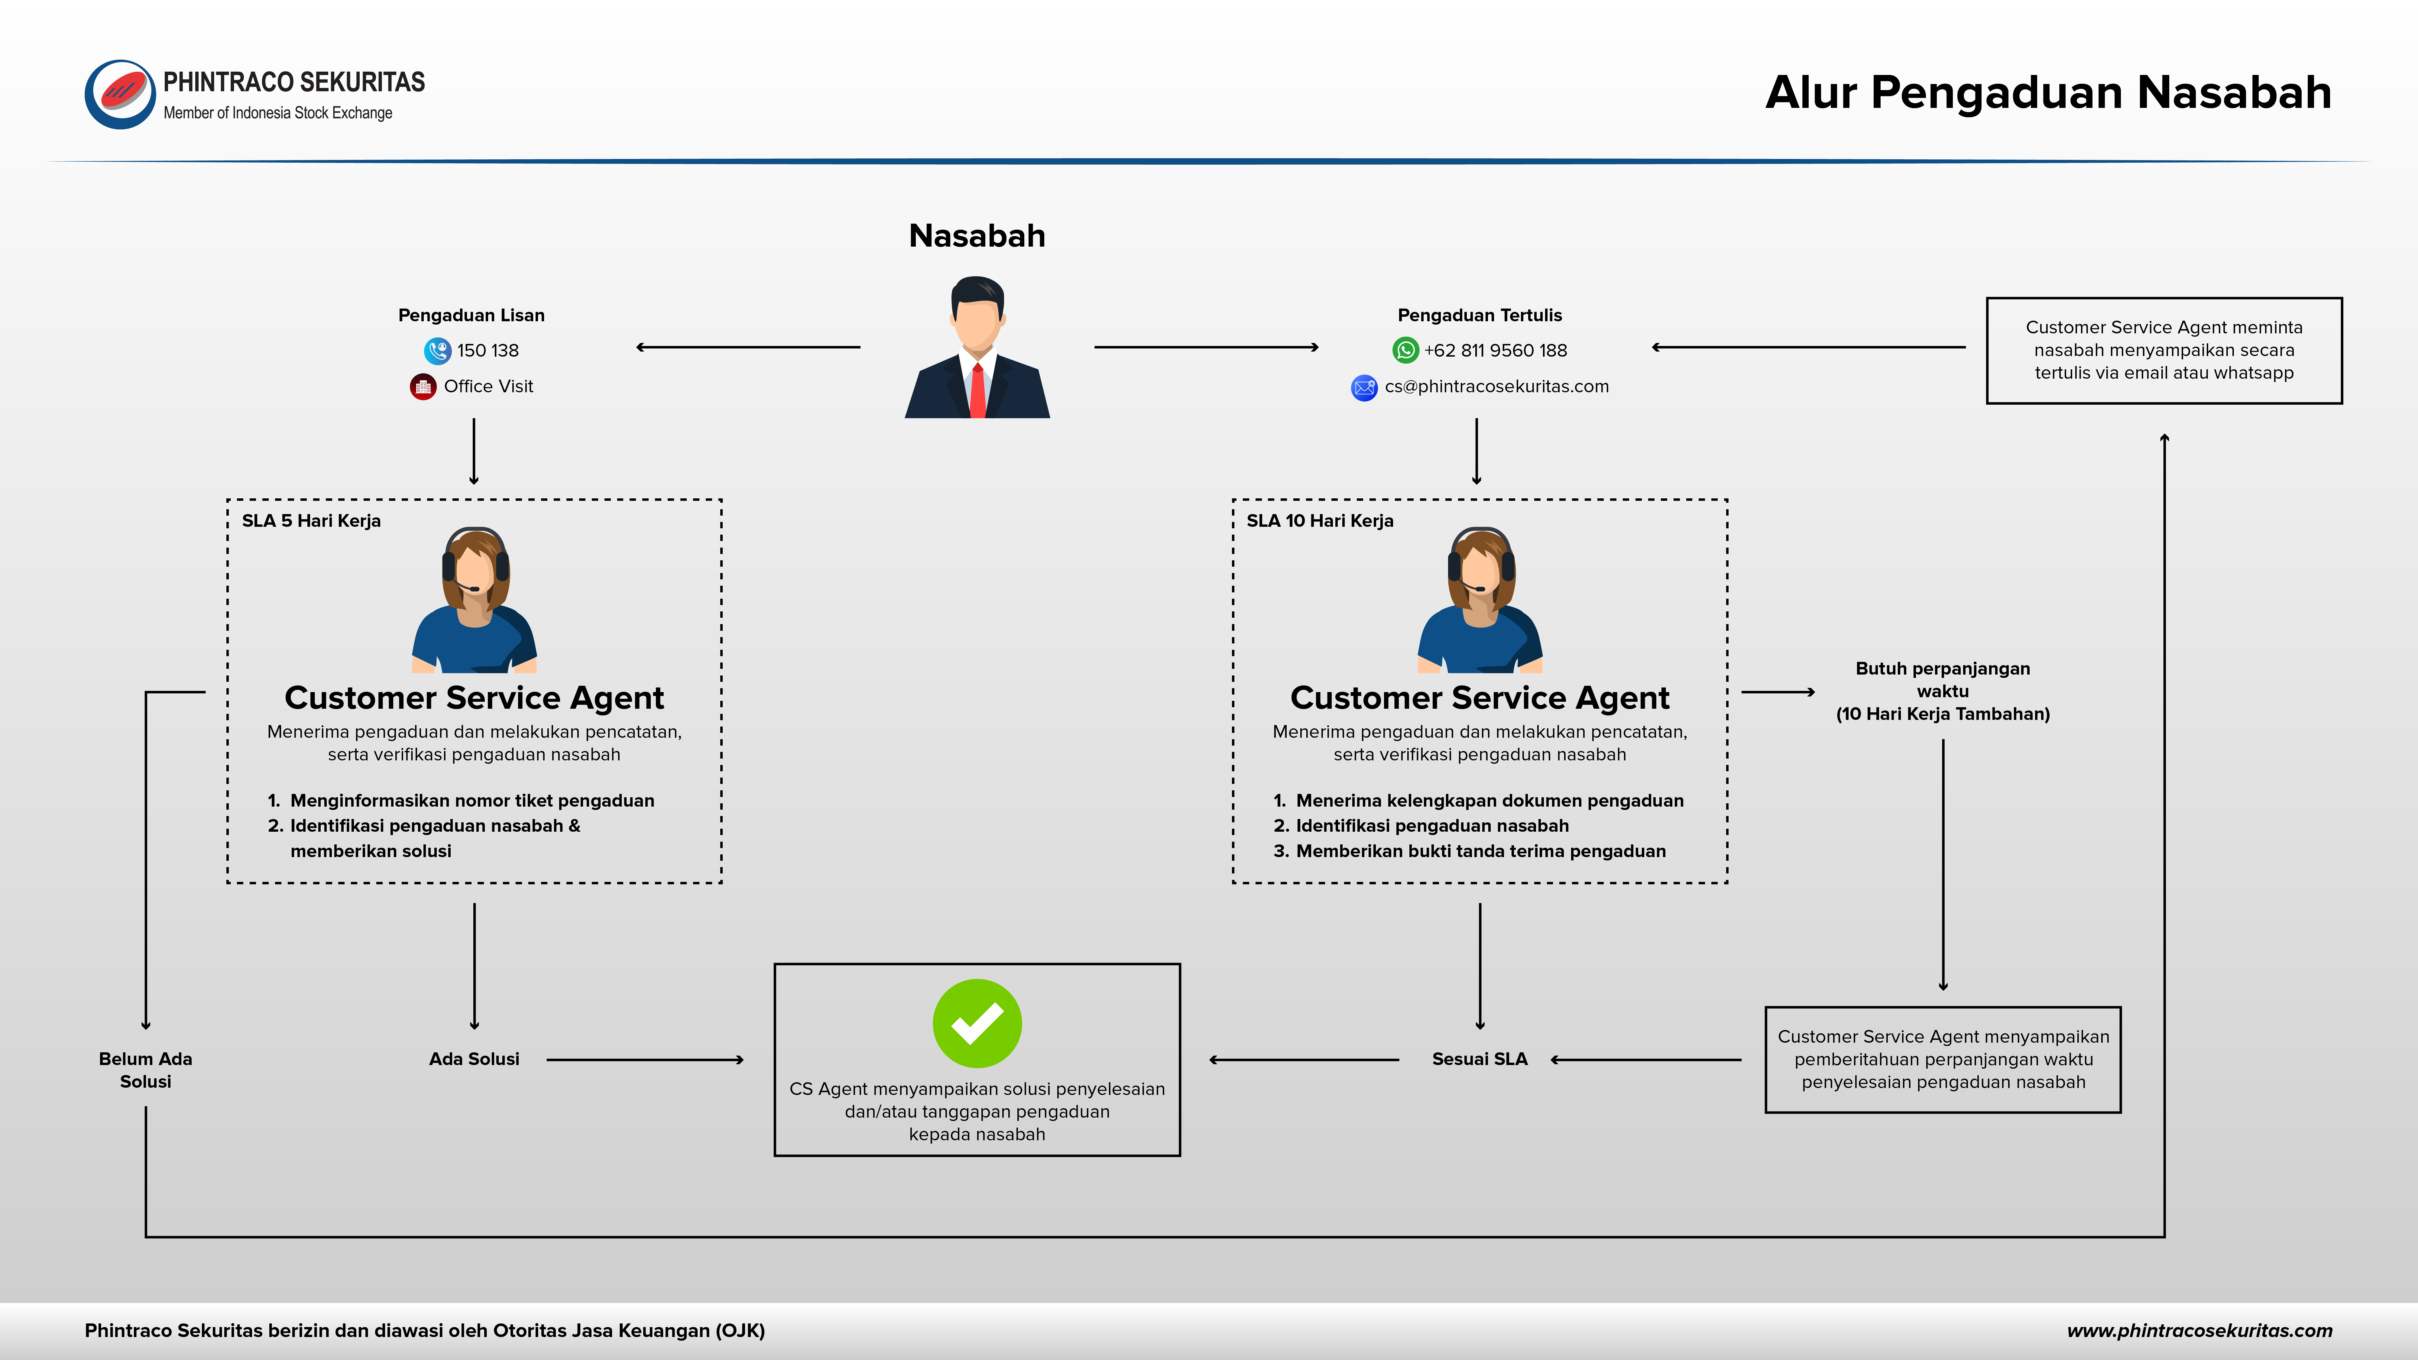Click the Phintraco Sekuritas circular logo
(120, 95)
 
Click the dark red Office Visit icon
(423, 387)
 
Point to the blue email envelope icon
(1364, 387)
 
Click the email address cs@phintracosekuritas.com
(1496, 387)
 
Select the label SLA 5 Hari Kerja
(312, 521)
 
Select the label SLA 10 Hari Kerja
(1320, 521)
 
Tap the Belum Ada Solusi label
(145, 1070)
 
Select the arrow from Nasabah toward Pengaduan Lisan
(748, 347)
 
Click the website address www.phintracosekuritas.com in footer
(2199, 1331)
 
